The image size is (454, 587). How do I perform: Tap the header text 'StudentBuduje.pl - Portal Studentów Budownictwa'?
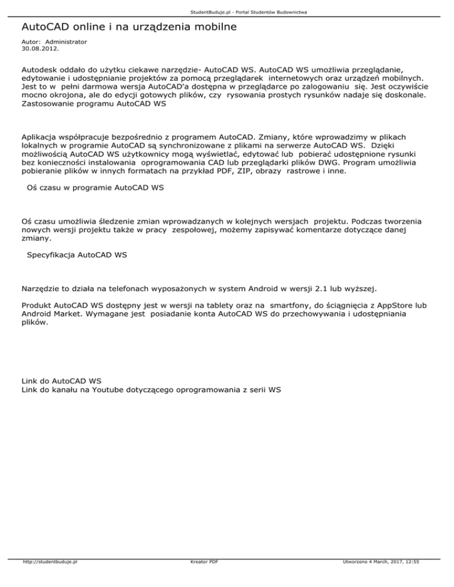pyautogui.click(x=227, y=12)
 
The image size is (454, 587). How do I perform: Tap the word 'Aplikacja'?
pyautogui.click(x=41, y=135)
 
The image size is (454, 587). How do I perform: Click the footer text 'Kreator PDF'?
pyautogui.click(x=202, y=578)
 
